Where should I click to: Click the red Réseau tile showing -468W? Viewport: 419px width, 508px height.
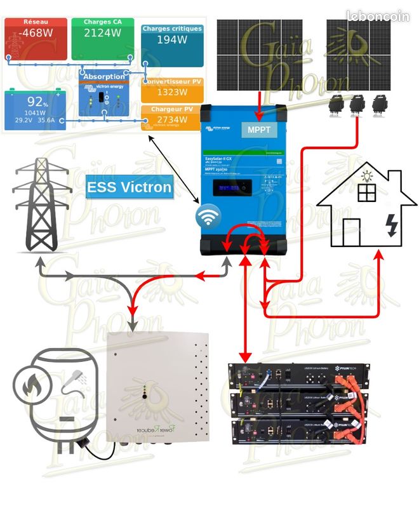click(x=35, y=39)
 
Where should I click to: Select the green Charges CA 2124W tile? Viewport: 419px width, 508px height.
click(x=103, y=39)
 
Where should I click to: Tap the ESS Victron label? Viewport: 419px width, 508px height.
click(x=130, y=187)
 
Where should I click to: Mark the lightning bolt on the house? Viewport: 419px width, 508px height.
click(x=393, y=225)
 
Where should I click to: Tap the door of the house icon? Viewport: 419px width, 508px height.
click(x=351, y=232)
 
